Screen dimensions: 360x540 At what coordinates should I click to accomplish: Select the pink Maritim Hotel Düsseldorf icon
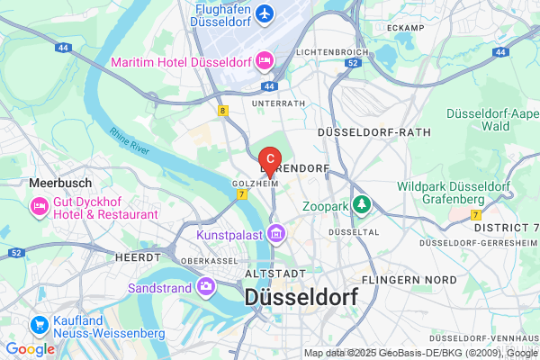point(265,61)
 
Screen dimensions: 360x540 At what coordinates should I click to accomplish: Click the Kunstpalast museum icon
point(276,235)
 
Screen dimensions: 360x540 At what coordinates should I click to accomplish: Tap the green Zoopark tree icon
point(362,205)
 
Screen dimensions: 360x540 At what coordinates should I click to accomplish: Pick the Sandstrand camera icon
point(208,286)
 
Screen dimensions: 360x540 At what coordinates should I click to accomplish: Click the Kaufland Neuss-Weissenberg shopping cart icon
point(40,325)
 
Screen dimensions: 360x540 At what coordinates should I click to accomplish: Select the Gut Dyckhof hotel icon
point(40,208)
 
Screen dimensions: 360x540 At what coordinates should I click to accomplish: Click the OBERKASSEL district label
point(209,261)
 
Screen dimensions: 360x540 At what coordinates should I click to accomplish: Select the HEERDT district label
point(138,256)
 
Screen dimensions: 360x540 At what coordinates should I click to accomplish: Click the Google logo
point(30,349)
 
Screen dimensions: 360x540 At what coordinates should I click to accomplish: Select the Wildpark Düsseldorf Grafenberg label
point(455,192)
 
